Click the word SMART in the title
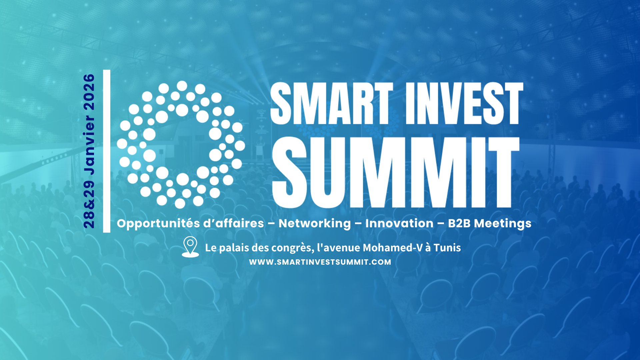click(x=332, y=103)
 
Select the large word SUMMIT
click(x=396, y=172)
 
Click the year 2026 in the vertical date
click(x=89, y=92)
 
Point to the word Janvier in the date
click(x=89, y=145)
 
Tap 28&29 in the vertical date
click(x=89, y=204)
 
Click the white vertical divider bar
click(x=107, y=151)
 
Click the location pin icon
click(x=190, y=247)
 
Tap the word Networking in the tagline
click(x=315, y=223)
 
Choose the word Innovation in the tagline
click(x=399, y=223)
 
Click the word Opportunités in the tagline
click(x=158, y=224)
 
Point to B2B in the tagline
click(x=459, y=223)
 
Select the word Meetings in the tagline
click(x=503, y=224)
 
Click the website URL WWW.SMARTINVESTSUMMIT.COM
click(x=320, y=262)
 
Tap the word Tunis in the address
click(x=447, y=248)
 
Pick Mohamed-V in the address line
click(x=392, y=248)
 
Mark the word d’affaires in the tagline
click(x=233, y=223)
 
